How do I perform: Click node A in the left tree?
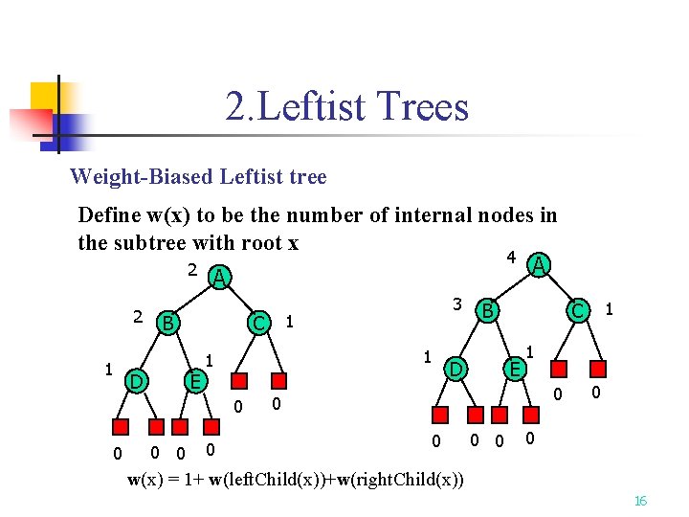pos(219,277)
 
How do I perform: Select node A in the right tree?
pos(540,264)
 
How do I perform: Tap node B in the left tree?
pos(167,323)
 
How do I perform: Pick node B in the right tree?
pos(487,310)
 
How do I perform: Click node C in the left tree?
pos(257,323)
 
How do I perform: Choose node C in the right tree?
pos(577,310)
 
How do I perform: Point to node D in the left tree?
pos(137,382)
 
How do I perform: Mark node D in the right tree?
pos(456,369)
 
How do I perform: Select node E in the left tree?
pos(194,382)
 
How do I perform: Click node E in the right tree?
pos(514,369)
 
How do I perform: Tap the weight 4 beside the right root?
pos(512,258)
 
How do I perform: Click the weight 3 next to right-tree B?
pos(458,304)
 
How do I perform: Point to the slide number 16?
pos(641,501)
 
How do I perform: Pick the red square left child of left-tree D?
pos(121,427)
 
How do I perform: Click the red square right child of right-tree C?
pos(600,370)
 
